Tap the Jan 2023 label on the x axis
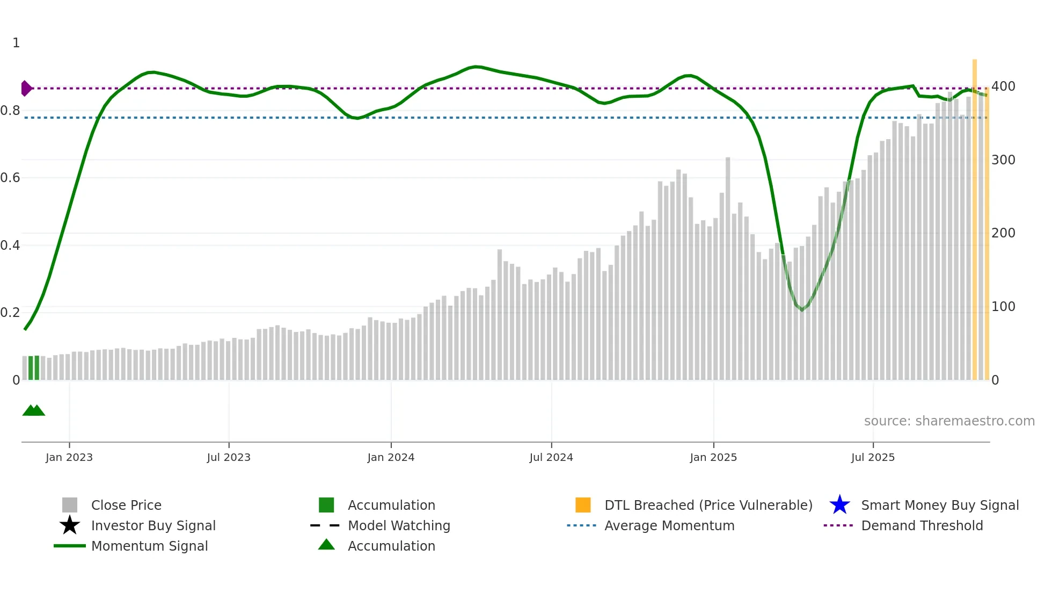click(69, 457)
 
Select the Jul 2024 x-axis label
click(551, 457)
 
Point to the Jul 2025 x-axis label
click(873, 457)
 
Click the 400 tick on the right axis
click(1003, 86)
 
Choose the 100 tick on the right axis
click(1003, 307)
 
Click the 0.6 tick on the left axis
click(10, 178)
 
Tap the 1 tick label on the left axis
click(16, 43)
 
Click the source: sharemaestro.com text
click(949, 421)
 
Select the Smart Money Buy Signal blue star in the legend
click(839, 505)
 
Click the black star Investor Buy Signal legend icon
click(70, 525)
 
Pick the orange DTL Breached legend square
click(583, 505)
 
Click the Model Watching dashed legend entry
click(325, 525)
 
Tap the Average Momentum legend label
click(669, 525)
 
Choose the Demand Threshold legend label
click(922, 525)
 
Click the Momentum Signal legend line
click(70, 546)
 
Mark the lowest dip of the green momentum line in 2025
click(802, 310)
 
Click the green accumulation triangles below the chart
click(33, 410)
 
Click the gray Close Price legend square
click(70, 505)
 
